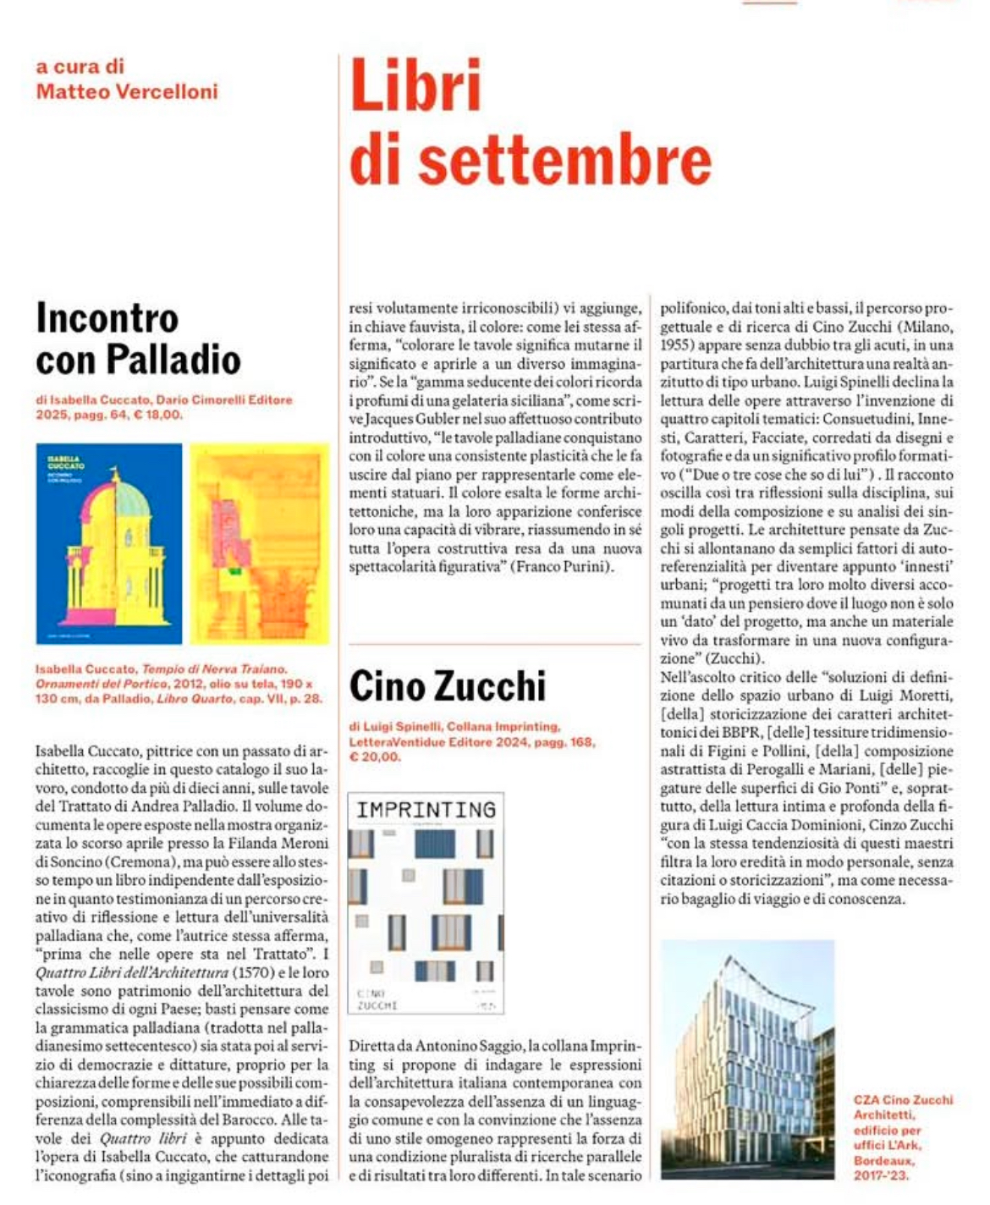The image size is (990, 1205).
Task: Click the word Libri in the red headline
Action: (415, 85)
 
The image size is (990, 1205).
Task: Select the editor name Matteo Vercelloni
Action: (127, 91)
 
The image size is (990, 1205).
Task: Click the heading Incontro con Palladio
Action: (138, 339)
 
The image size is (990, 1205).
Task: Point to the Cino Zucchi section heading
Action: (448, 685)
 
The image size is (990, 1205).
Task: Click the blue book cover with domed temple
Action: (109, 543)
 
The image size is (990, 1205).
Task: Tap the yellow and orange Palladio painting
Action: (259, 543)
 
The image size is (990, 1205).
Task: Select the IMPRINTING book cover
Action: (426, 903)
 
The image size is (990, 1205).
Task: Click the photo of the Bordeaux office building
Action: (747, 1059)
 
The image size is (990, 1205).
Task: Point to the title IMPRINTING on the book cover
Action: (426, 810)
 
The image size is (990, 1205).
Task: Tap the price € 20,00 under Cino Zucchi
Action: (375, 757)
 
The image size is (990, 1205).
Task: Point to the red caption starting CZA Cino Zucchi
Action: (902, 1100)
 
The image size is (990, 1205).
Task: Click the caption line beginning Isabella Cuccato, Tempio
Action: (161, 669)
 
